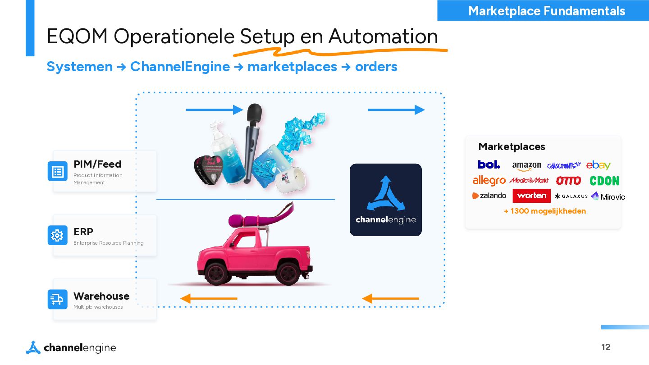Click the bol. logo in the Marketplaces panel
click(x=489, y=164)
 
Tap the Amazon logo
click(x=526, y=166)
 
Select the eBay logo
click(x=598, y=165)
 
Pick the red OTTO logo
click(x=568, y=181)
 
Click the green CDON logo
click(x=604, y=181)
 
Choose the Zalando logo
click(x=489, y=196)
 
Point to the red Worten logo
click(x=531, y=196)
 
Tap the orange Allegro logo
click(x=489, y=181)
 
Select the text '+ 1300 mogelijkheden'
click(x=545, y=211)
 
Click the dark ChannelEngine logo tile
click(x=386, y=200)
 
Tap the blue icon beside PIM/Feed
click(x=58, y=171)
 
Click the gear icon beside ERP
click(x=58, y=235)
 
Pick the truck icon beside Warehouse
click(x=58, y=299)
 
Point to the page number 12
click(x=606, y=347)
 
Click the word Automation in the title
click(x=383, y=36)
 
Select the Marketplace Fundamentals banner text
click(x=547, y=11)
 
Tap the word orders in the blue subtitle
click(x=376, y=67)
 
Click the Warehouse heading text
click(x=101, y=296)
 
